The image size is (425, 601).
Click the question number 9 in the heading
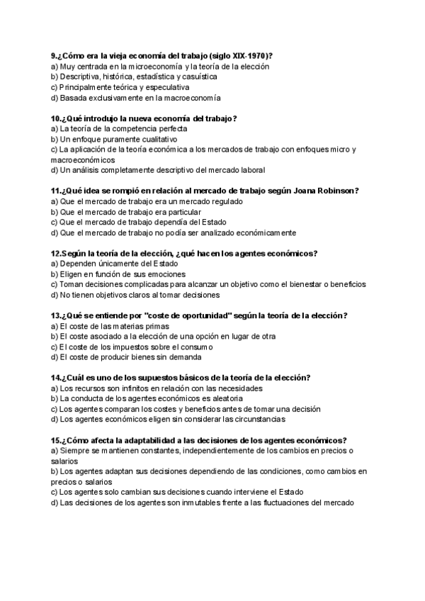point(54,55)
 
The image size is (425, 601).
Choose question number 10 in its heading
point(56,118)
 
